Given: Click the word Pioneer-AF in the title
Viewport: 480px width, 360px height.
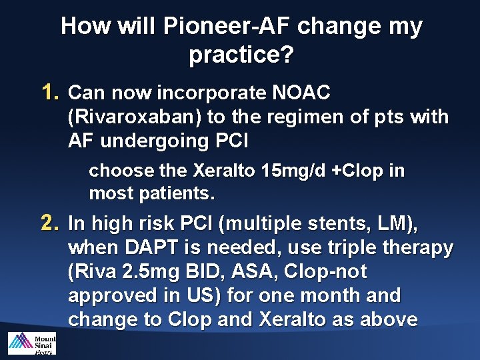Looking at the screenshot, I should tap(229, 27).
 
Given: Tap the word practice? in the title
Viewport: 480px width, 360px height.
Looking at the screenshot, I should tap(241, 55).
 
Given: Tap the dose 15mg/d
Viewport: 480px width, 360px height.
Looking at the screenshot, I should tap(294, 171).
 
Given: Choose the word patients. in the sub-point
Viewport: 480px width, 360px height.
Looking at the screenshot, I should tap(185, 194).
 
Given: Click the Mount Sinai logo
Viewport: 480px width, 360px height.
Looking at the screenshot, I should tap(31, 343).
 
